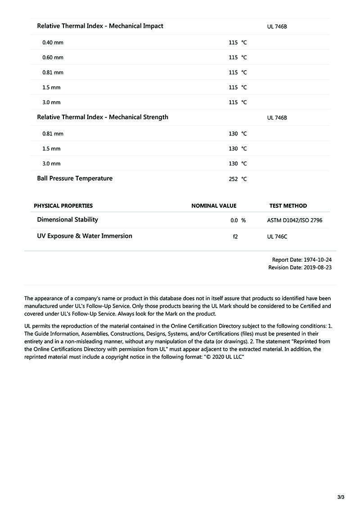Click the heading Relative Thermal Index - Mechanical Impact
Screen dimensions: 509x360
click(x=100, y=26)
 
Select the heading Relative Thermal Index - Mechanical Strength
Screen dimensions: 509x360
click(x=103, y=117)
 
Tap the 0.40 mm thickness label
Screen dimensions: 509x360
click(x=53, y=43)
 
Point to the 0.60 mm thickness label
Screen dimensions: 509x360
click(x=53, y=58)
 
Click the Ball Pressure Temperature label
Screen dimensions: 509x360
click(x=75, y=179)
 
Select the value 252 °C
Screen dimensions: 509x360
click(x=238, y=179)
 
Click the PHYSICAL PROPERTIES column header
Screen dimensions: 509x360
click(x=63, y=206)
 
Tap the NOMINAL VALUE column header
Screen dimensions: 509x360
click(x=214, y=206)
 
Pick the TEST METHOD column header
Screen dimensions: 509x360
click(x=288, y=206)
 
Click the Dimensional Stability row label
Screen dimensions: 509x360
click(x=67, y=220)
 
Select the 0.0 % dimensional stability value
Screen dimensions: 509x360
click(x=238, y=220)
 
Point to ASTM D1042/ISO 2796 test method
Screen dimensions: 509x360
click(x=295, y=220)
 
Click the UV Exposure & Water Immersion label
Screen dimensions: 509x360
click(x=85, y=236)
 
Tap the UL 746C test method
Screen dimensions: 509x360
click(x=277, y=237)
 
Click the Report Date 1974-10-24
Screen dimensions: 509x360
click(x=302, y=260)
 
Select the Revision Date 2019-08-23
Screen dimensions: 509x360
click(x=300, y=268)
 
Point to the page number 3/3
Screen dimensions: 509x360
click(x=341, y=497)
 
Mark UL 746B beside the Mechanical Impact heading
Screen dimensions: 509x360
click(x=277, y=27)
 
